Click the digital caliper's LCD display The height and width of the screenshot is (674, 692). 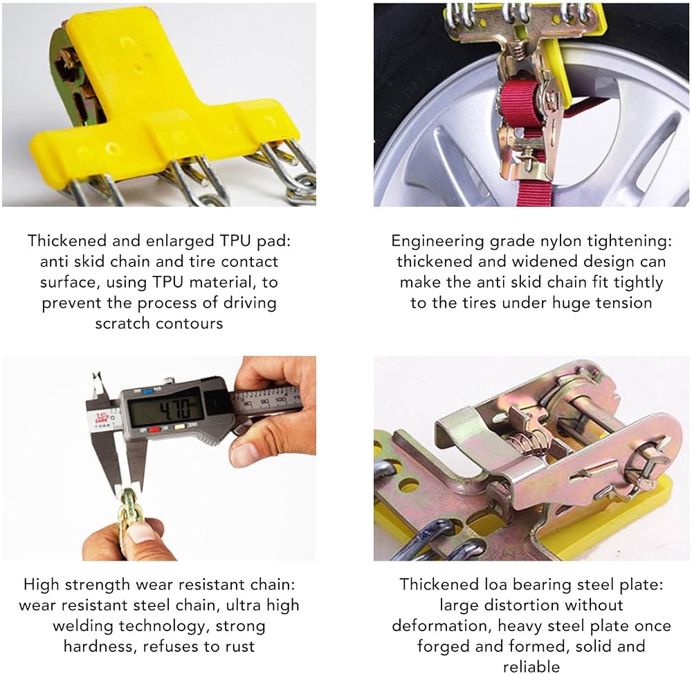167,409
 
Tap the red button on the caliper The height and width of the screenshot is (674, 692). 154,429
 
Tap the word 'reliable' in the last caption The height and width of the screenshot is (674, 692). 531,666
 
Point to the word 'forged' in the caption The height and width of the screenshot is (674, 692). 443,647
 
